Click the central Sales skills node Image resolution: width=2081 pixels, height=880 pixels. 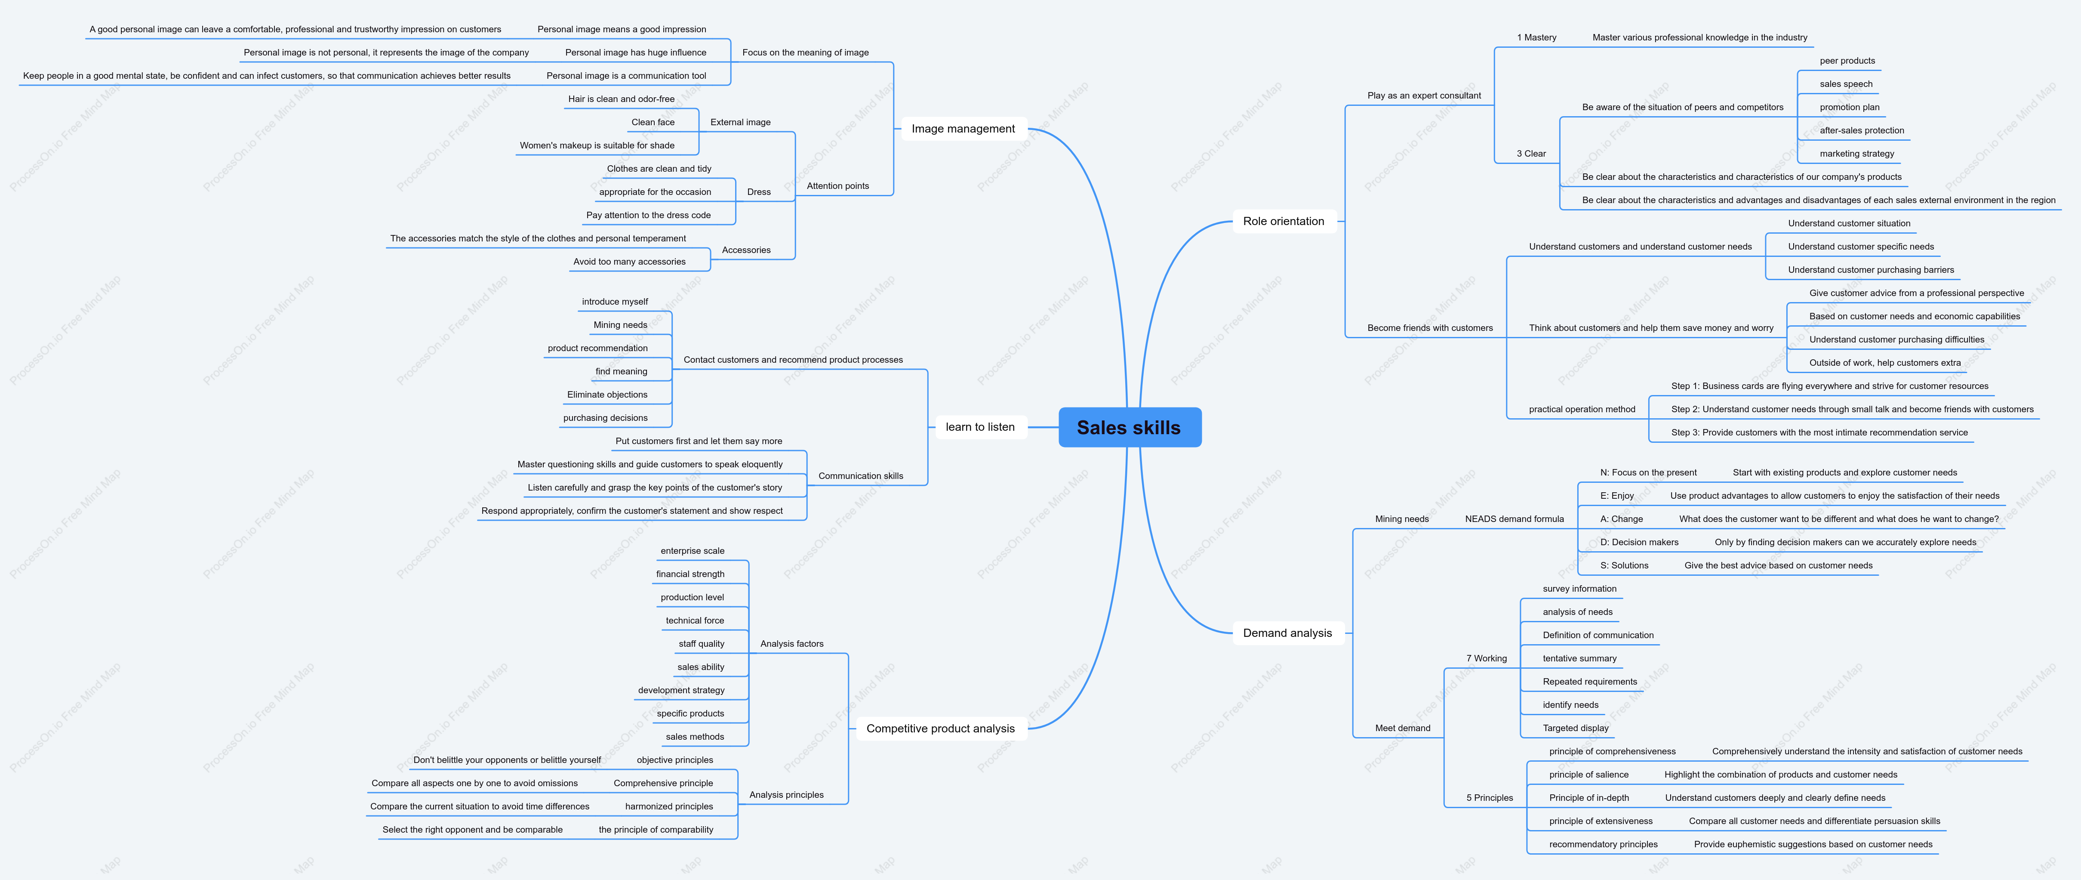[1130, 427]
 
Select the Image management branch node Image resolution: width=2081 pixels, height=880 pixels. [963, 129]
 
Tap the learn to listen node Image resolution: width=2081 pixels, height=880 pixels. [980, 427]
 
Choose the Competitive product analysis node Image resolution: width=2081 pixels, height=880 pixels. [940, 728]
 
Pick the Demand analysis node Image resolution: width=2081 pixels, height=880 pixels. [1288, 633]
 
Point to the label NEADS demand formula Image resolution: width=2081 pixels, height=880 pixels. [1514, 519]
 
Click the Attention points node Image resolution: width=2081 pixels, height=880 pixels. [838, 186]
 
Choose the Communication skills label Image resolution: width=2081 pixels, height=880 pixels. [860, 476]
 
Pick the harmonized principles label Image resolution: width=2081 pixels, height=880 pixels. [669, 806]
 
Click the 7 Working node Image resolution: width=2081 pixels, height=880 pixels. [1487, 658]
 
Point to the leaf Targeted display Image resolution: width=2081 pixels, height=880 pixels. [1575, 728]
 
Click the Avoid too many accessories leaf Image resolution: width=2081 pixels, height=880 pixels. [629, 262]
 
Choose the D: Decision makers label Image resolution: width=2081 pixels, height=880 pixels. [1639, 542]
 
